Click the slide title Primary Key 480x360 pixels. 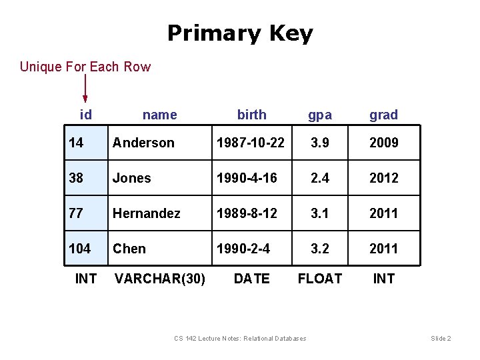point(240,33)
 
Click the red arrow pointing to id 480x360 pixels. point(85,89)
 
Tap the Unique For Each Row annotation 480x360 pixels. point(85,67)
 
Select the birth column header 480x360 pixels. point(252,115)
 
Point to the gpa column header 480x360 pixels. point(320,115)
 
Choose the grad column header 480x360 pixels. point(384,115)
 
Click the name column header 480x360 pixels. point(160,115)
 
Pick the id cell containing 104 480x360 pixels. point(80,249)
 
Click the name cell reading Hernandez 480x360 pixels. point(147,213)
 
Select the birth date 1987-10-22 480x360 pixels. point(249,143)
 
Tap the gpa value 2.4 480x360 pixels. point(320,178)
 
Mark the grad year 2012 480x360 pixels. point(384,178)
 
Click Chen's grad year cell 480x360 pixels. point(384,249)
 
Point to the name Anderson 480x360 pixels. point(143,143)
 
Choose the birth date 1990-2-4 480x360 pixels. point(243,249)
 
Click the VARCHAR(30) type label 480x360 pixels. point(160,279)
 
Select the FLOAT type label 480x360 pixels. point(320,279)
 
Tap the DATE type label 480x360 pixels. point(252,279)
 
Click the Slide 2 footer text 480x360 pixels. point(441,339)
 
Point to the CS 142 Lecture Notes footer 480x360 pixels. point(240,339)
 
